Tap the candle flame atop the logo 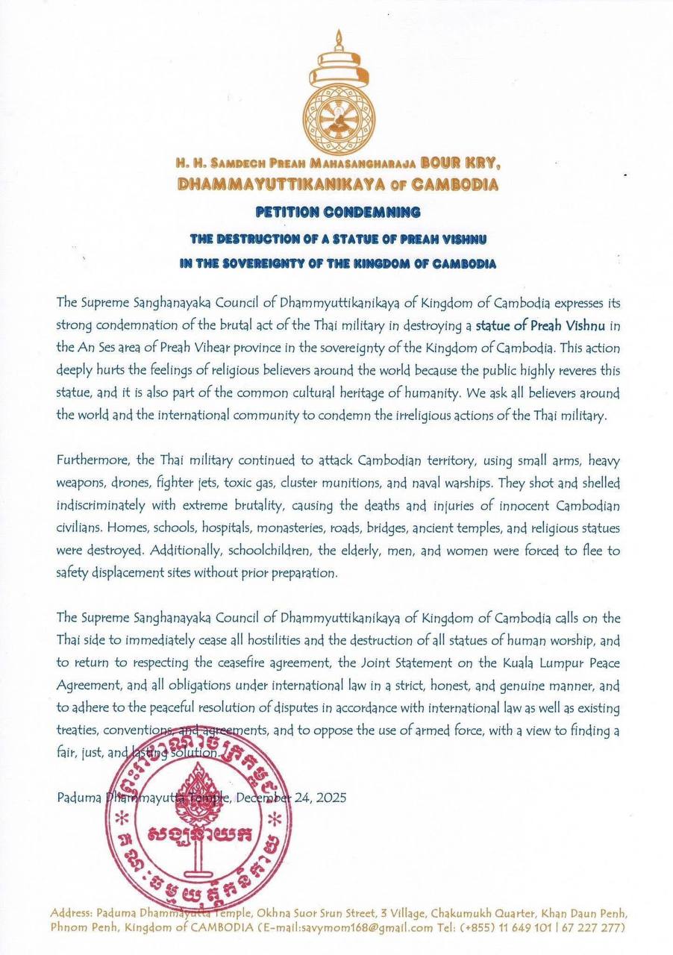337,37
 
